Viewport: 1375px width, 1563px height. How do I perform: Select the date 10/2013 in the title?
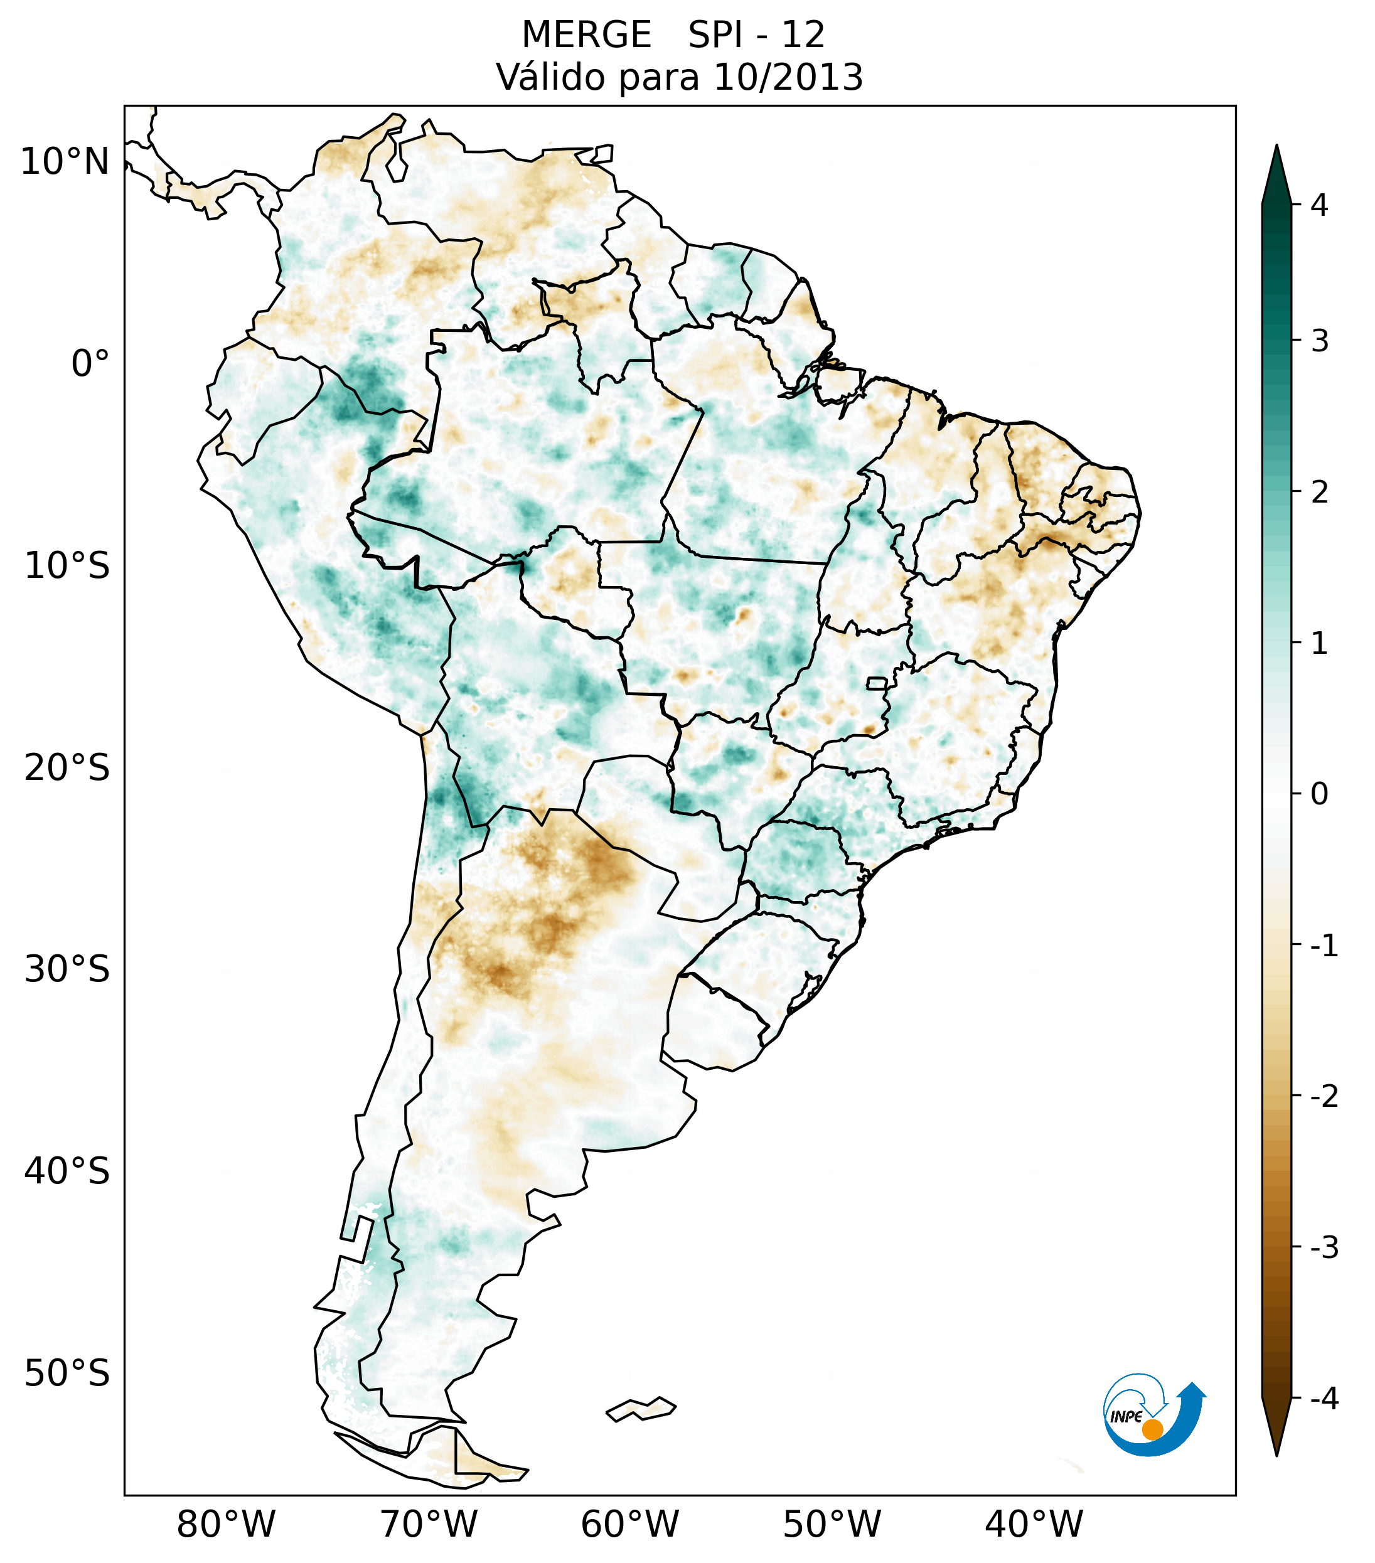(x=788, y=77)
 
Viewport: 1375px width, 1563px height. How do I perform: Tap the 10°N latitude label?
(x=65, y=162)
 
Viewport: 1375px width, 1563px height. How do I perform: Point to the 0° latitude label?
(x=90, y=364)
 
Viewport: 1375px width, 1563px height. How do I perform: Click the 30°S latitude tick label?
(x=67, y=969)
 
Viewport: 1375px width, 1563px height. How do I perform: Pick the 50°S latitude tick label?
(x=67, y=1374)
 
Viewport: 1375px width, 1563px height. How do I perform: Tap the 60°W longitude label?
(x=629, y=1525)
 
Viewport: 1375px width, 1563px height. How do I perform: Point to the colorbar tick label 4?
(x=1319, y=205)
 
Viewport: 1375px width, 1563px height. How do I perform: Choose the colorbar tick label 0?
(x=1319, y=794)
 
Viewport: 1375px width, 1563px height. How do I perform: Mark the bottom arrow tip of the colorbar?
(x=1276, y=1454)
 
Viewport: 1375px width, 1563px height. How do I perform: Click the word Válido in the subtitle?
(x=550, y=77)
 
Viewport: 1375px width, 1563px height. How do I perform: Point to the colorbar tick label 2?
(x=1319, y=493)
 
